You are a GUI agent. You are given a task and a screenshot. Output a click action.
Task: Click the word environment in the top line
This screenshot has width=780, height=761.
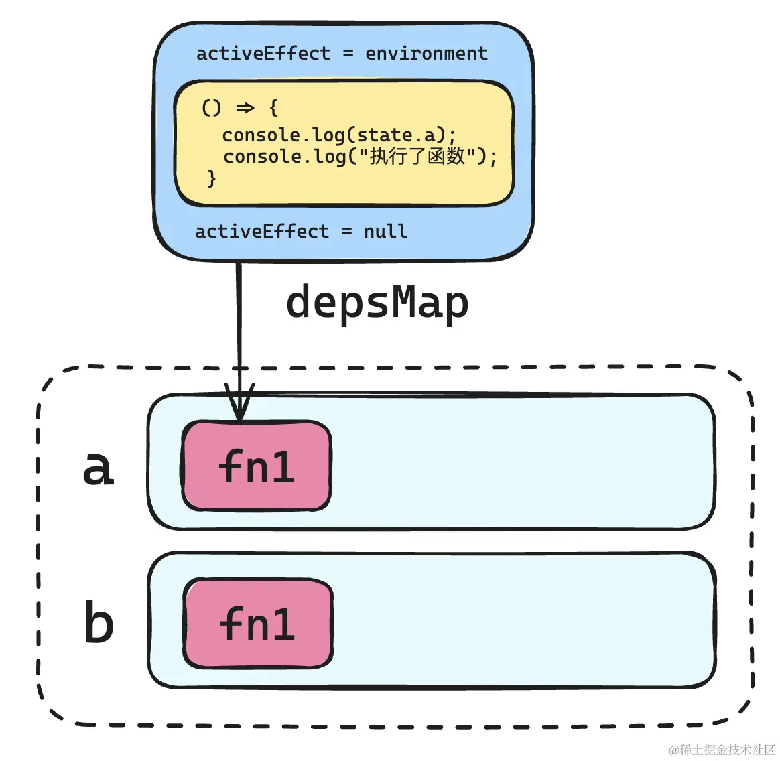pos(426,54)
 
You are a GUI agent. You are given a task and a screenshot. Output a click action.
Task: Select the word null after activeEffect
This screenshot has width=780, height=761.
pos(385,232)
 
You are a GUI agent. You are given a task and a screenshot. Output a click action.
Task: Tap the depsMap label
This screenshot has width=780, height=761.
pos(377,303)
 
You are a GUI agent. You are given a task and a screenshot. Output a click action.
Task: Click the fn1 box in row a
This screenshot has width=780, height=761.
pos(257,466)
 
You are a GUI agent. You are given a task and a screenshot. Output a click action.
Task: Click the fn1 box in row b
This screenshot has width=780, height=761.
pos(258,624)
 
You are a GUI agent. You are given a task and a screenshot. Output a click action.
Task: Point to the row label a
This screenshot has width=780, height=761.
pos(98,468)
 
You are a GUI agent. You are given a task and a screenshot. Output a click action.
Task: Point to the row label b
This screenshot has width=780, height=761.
pos(99,623)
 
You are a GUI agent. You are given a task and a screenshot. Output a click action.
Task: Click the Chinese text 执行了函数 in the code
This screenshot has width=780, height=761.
pos(417,157)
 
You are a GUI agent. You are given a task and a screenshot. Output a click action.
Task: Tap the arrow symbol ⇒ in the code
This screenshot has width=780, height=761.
pos(245,108)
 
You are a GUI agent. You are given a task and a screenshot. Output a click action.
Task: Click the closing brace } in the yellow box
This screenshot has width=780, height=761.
pos(212,178)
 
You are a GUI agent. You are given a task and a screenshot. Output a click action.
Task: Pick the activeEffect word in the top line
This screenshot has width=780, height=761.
pos(263,54)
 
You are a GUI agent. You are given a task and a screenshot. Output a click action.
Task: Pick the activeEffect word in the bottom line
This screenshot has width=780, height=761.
pos(262,232)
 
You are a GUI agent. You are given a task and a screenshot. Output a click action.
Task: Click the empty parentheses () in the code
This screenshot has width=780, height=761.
pos(211,108)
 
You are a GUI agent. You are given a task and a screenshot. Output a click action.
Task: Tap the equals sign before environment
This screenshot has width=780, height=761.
pos(348,54)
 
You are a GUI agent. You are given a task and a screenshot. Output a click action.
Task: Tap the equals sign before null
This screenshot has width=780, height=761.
pos(346,232)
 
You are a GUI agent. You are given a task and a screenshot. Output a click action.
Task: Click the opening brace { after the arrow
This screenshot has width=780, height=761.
pos(273,108)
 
